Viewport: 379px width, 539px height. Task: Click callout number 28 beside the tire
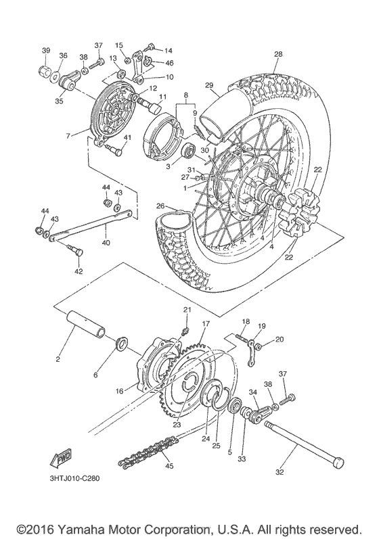point(278,54)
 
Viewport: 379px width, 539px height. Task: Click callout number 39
point(46,51)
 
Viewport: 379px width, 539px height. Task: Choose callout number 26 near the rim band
point(160,206)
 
